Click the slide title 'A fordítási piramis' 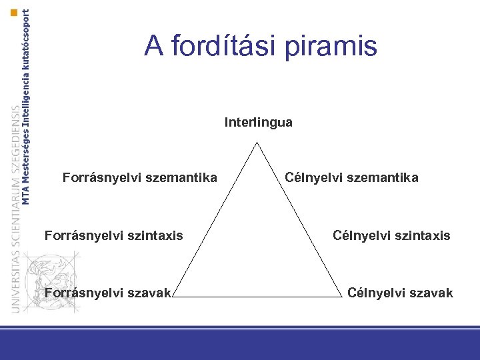tap(261, 46)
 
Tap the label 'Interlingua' tap(259, 123)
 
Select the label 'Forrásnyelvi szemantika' tap(139, 178)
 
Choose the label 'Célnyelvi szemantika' tap(351, 178)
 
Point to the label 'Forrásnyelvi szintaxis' tap(113, 235)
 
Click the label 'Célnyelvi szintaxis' tap(391, 235)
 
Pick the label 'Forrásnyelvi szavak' tap(107, 293)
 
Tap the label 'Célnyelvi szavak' tap(400, 293)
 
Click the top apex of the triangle tap(257, 142)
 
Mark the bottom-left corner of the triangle tap(174, 296)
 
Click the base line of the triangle tap(258, 296)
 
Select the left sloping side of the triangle tap(215, 219)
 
